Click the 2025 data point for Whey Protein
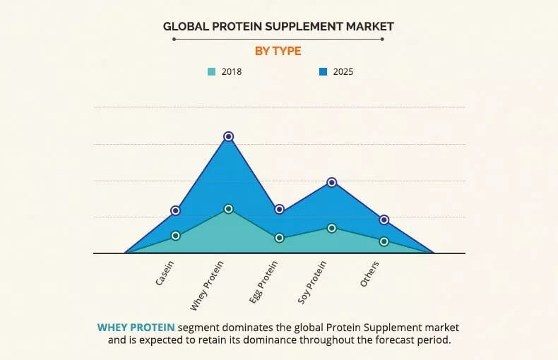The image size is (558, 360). coord(228,136)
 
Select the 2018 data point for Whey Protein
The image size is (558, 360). coord(228,209)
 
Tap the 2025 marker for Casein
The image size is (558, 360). coord(176,210)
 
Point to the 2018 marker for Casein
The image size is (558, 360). coord(176,236)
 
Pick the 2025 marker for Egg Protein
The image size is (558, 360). coord(280,209)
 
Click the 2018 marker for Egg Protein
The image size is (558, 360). coord(280,238)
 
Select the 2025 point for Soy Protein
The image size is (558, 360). coord(332,182)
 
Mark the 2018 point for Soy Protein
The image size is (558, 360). coord(332,228)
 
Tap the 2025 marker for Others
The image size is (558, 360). coord(384,220)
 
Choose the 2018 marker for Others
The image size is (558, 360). coord(384,241)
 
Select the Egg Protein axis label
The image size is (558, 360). coord(264,282)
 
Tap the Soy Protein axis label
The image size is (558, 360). coord(313,282)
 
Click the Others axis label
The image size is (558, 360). coord(370,274)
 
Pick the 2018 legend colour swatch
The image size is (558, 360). coord(211,71)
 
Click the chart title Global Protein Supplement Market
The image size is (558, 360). coord(278,27)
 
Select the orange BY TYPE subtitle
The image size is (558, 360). coord(278,51)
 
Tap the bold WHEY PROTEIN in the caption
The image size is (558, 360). coord(136,328)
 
